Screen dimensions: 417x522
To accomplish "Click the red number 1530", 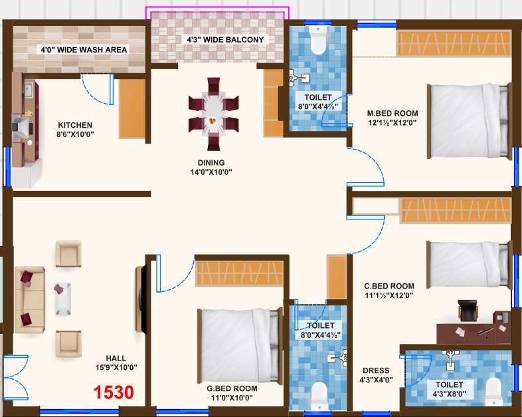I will (x=113, y=392).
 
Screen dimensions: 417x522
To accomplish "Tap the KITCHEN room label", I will (x=74, y=130).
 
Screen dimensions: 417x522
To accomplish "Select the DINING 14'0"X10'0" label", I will (x=211, y=167).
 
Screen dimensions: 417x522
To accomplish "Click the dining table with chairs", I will (x=213, y=114).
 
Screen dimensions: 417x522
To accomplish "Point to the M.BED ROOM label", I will (x=392, y=118).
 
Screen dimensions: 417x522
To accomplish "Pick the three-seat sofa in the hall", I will (x=29, y=299).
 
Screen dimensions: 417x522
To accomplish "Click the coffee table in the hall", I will (x=62, y=299).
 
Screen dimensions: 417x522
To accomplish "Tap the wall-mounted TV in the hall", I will (x=140, y=299).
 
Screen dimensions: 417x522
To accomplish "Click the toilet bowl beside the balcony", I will (x=318, y=41).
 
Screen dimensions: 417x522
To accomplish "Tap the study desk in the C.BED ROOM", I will (x=474, y=331).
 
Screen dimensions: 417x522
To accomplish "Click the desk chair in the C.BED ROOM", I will (x=468, y=310).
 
